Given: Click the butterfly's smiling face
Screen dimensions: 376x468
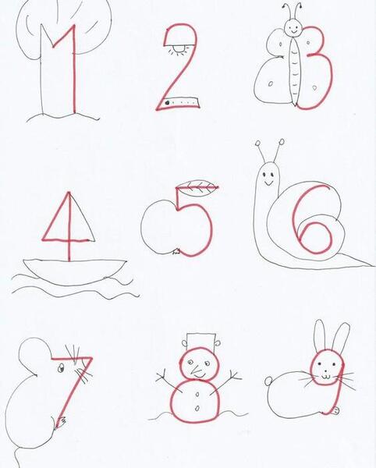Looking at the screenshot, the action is tap(293, 27).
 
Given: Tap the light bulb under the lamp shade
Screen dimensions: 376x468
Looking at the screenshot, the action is tap(179, 48).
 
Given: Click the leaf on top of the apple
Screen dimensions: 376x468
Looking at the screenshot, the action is tap(199, 188).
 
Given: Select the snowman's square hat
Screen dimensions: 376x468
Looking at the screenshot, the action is tap(200, 342).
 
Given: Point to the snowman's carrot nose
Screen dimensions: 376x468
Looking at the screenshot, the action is tap(197, 372).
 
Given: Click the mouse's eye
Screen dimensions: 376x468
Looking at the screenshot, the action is tap(61, 368).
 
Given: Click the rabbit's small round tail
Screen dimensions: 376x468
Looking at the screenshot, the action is tap(268, 381).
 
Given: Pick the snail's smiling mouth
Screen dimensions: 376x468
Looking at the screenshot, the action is tap(268, 183).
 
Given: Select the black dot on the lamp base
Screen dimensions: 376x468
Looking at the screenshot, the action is tap(167, 103).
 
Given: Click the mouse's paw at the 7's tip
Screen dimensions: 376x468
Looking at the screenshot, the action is tap(60, 422).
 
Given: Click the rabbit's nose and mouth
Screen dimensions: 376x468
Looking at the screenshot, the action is tap(326, 375).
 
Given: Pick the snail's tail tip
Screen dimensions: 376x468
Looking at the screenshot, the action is tap(371, 264).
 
